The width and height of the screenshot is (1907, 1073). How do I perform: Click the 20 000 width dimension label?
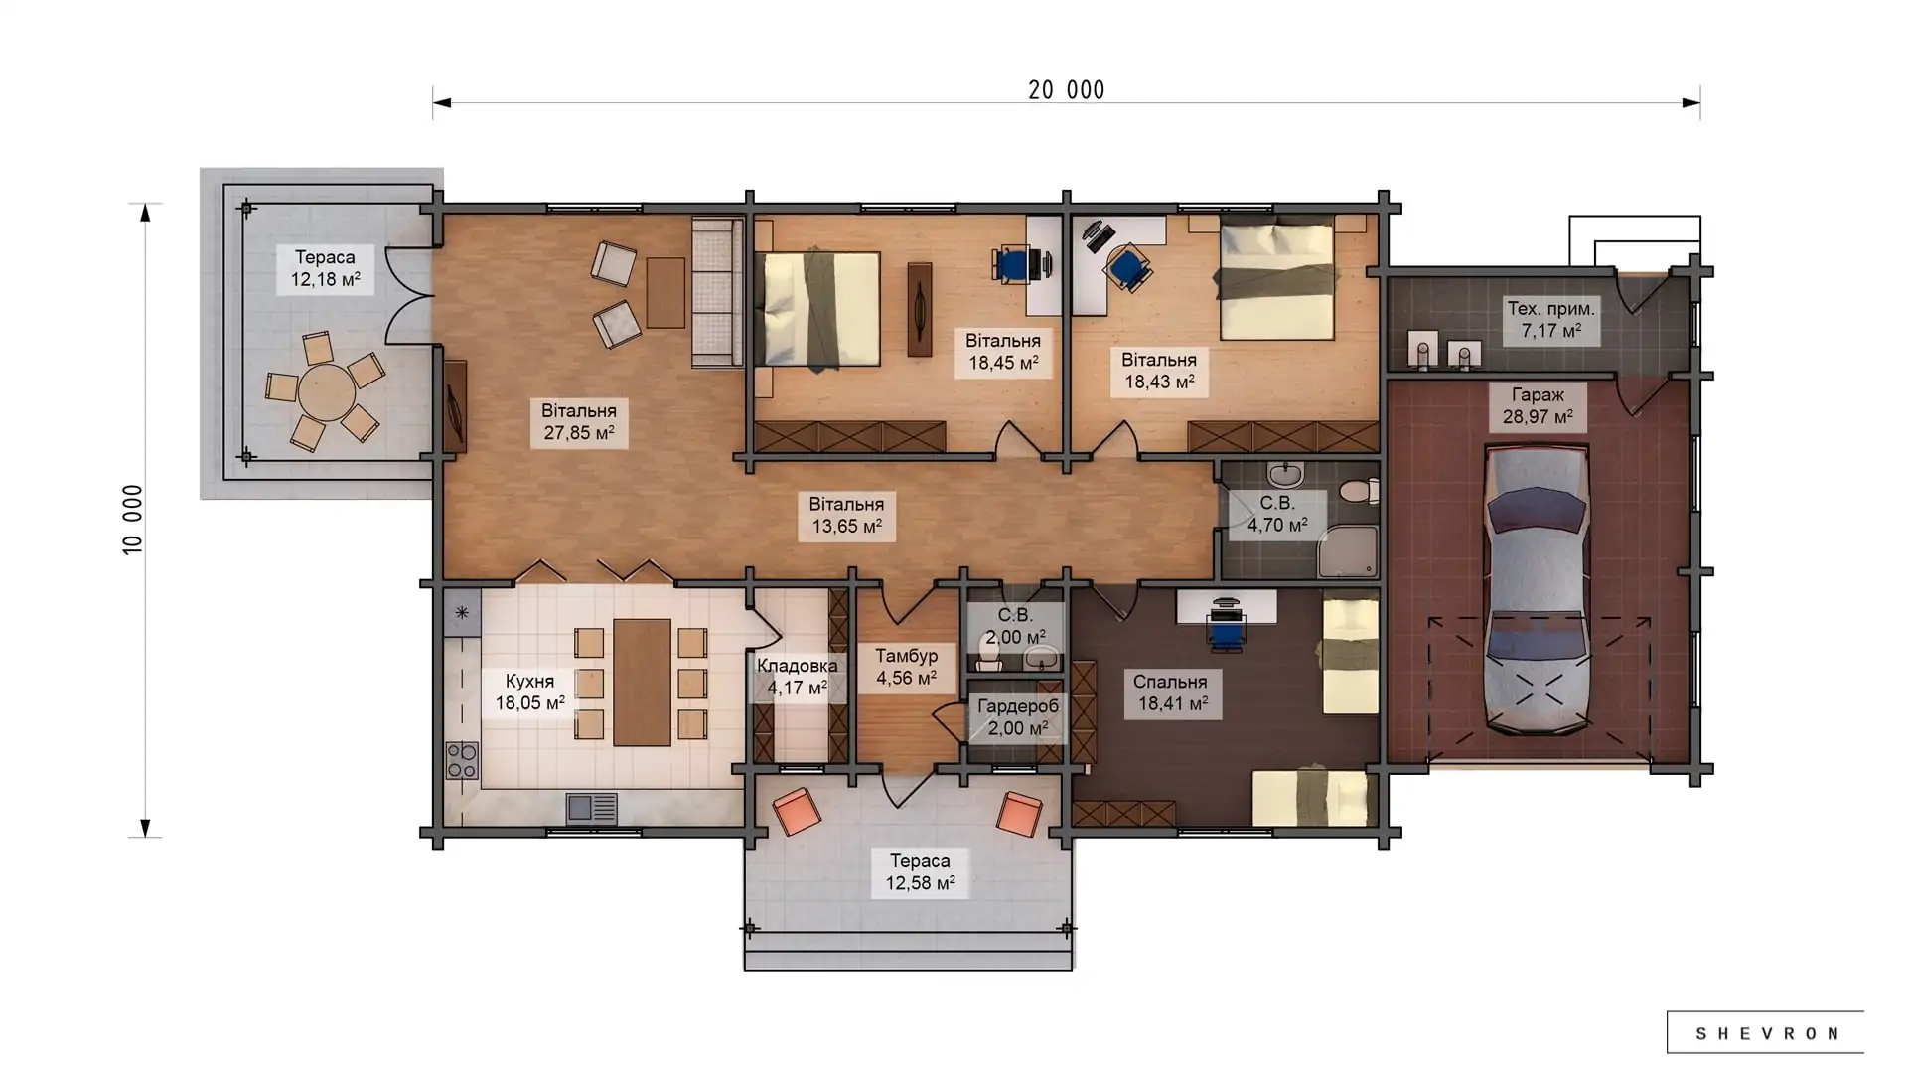[x=1066, y=90]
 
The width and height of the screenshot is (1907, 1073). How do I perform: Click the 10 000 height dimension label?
[x=133, y=520]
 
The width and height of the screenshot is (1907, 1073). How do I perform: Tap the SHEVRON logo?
[x=1766, y=1033]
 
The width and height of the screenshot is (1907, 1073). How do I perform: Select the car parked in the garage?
[x=1536, y=590]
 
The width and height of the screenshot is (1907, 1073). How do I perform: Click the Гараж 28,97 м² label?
[x=1538, y=406]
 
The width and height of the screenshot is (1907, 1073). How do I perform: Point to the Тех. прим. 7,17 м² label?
[x=1550, y=319]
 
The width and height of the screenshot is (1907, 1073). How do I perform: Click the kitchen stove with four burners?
[x=462, y=761]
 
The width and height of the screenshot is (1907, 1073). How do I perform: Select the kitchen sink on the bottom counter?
[x=591, y=808]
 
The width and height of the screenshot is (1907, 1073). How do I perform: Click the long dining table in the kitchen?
[x=642, y=682]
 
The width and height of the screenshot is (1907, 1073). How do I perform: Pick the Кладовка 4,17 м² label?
[x=797, y=677]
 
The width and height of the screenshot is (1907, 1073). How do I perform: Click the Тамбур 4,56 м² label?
[x=906, y=667]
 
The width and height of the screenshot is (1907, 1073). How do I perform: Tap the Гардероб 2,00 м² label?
[x=1017, y=717]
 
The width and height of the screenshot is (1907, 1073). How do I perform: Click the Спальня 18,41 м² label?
[x=1171, y=692]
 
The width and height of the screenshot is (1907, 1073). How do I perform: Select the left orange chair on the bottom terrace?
[x=796, y=811]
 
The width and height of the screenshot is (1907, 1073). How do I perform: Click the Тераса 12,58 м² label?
[x=920, y=871]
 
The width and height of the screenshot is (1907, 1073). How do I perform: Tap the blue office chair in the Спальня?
[x=1226, y=628]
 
